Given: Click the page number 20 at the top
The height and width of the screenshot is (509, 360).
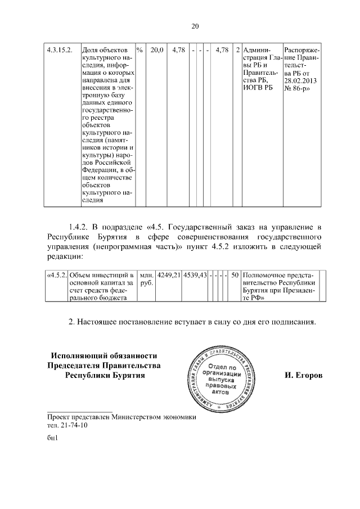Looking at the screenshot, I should tap(180, 26).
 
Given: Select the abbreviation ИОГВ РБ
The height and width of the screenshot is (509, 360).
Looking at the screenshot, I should tap(258, 89).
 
